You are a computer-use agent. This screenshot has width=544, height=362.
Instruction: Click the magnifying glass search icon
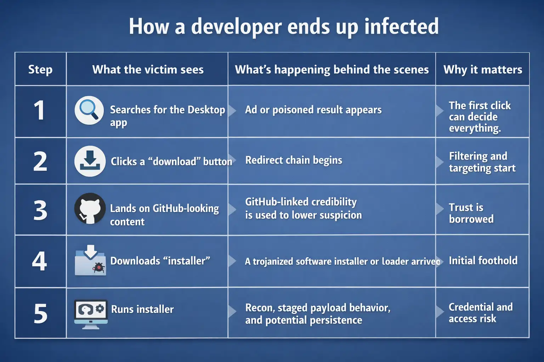89,110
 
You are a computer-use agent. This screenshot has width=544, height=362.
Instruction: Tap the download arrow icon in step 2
90,161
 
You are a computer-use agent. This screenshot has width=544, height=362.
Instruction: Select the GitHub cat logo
90,209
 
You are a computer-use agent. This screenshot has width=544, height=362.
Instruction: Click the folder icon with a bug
90,261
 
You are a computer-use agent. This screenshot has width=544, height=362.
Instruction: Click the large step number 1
39,110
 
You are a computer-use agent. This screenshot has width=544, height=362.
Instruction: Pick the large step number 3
40,210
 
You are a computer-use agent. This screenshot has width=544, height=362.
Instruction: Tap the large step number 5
40,314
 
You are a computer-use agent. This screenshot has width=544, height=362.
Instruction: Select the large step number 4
40,262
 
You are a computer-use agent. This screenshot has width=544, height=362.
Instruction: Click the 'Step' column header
40,69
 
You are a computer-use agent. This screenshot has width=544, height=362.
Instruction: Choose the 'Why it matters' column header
483,70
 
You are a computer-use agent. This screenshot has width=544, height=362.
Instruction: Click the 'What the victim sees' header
148,70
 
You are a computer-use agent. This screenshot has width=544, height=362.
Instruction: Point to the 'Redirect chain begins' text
294,160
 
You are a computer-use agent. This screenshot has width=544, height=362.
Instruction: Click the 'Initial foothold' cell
483,261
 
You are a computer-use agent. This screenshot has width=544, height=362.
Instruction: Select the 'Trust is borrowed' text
471,213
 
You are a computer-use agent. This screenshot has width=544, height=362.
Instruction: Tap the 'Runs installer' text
142,309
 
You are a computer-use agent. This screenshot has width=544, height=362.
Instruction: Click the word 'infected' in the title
401,26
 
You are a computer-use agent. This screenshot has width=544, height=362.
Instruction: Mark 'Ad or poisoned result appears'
313,110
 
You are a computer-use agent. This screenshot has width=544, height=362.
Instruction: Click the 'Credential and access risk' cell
480,313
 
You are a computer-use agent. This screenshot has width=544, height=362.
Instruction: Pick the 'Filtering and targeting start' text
482,162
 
